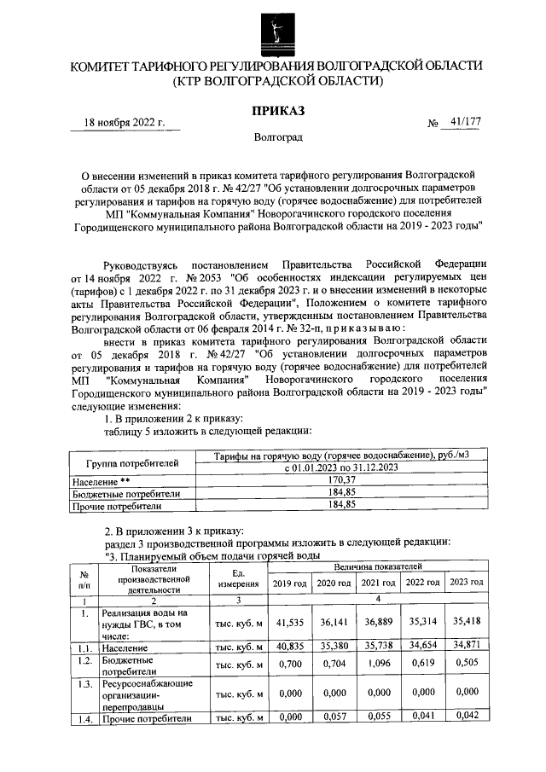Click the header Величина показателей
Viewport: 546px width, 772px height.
[x=377, y=566]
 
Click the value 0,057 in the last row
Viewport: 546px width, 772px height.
[x=333, y=718]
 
